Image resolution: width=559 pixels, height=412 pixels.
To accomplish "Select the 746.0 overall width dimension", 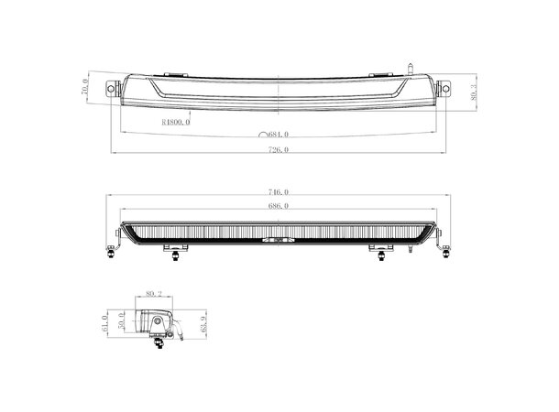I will [x=279, y=193].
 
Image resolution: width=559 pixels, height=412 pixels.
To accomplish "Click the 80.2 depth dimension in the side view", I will [x=152, y=294].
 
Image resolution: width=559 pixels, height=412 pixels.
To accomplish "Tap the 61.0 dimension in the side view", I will [x=106, y=323].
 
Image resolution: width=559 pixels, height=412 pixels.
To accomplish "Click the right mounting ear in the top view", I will [x=445, y=88].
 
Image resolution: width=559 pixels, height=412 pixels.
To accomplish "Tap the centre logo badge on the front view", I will [x=279, y=240].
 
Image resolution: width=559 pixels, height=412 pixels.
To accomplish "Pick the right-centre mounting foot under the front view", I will [x=378, y=253].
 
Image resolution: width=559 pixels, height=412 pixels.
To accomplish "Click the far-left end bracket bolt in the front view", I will [x=112, y=250].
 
